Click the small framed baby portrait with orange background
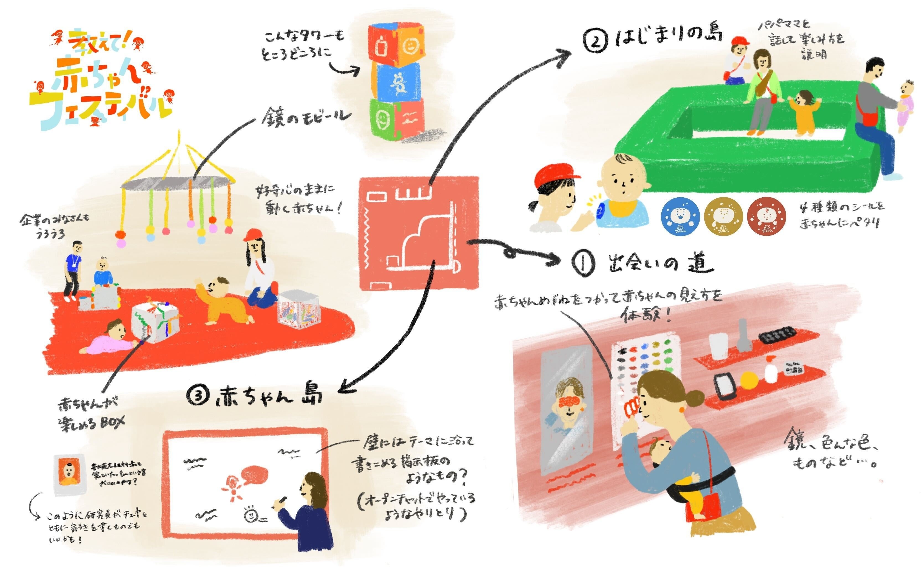69,474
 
